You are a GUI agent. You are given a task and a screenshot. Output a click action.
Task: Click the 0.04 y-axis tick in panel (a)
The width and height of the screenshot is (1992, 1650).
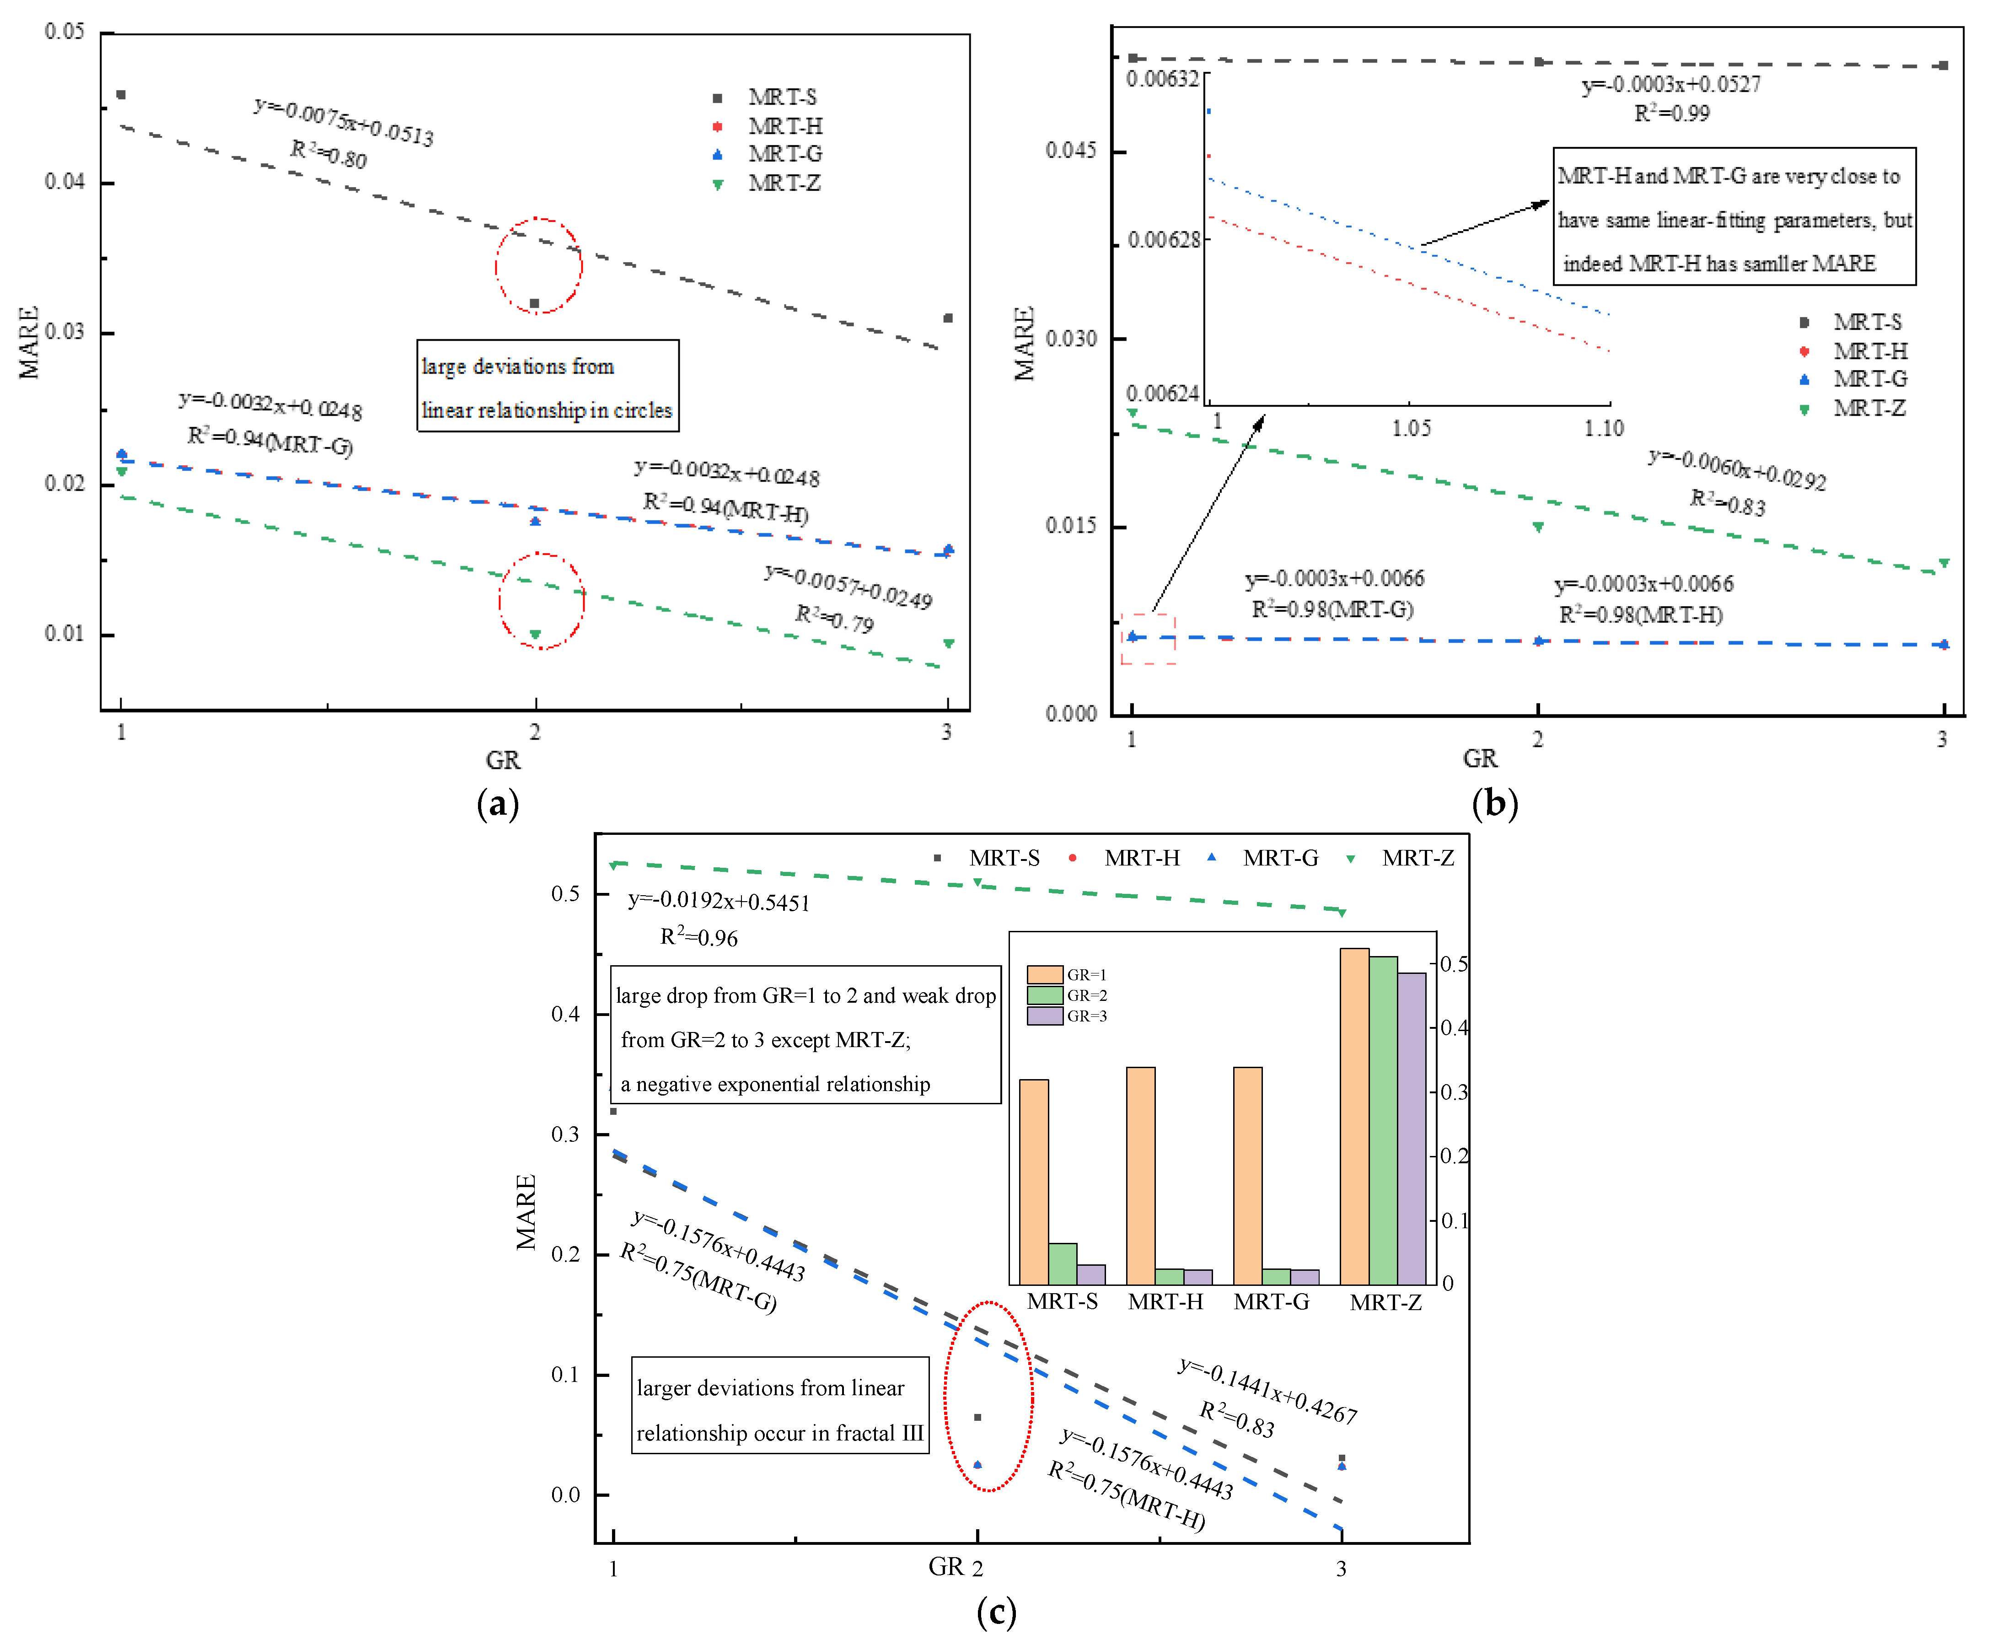64,181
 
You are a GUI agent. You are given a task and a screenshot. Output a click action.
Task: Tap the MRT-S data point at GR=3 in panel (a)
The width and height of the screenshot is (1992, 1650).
948,318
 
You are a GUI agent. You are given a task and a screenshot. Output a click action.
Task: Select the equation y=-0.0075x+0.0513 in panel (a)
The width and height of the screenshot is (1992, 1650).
344,121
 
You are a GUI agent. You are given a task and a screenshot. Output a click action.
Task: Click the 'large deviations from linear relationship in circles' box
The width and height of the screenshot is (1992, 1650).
548,386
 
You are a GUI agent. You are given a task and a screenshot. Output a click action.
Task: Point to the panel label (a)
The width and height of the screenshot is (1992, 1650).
498,804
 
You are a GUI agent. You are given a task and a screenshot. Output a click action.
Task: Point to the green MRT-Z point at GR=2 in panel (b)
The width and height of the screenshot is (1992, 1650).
1538,527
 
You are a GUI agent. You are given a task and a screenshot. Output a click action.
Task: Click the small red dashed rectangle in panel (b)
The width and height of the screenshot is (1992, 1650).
1148,639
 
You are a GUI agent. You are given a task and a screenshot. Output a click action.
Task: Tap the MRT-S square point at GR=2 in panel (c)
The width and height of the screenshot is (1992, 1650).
977,1418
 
